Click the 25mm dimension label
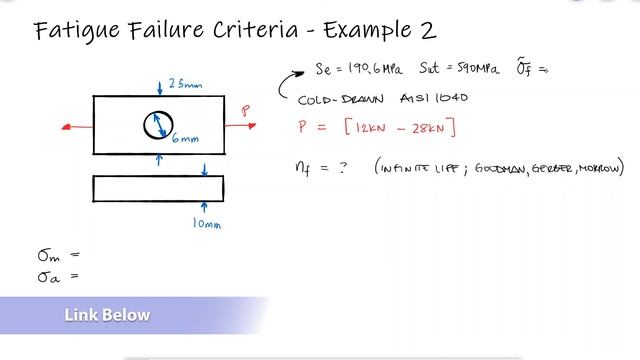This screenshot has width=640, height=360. [x=185, y=83]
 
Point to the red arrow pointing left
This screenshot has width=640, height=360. [x=76, y=127]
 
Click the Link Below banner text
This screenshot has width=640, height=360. [x=107, y=316]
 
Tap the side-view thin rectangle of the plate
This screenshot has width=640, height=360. [x=158, y=188]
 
